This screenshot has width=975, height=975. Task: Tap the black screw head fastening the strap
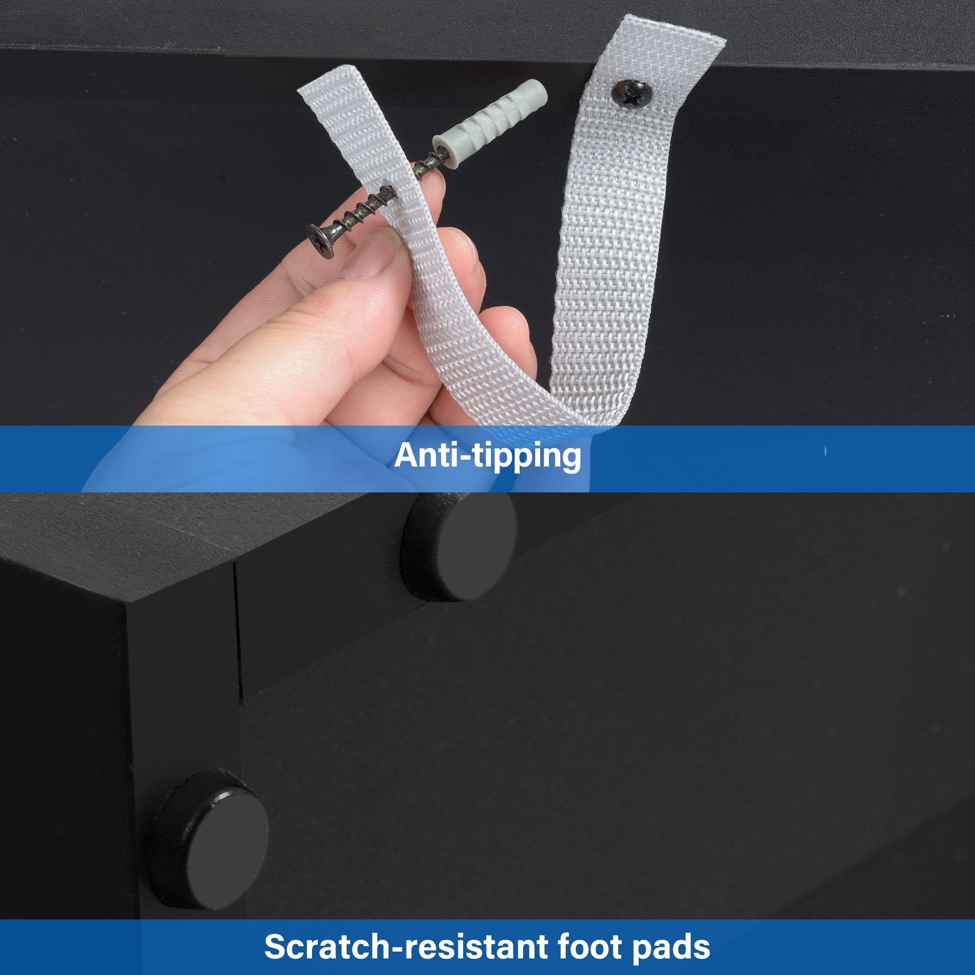pyautogui.click(x=631, y=94)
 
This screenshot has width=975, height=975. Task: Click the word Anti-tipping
pyautogui.click(x=487, y=456)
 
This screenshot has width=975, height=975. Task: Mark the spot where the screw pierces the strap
pyautogui.click(x=388, y=191)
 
